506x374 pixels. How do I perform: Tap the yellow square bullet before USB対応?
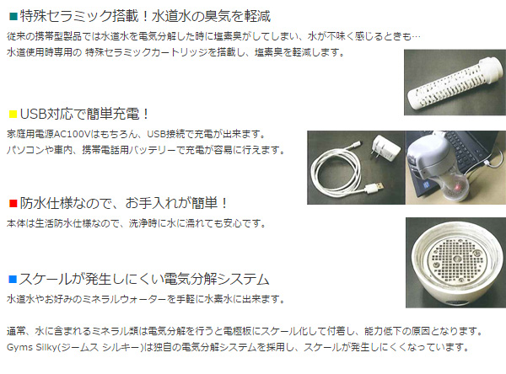12,114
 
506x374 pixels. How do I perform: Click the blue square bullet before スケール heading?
12,278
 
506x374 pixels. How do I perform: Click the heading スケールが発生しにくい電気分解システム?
143,278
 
